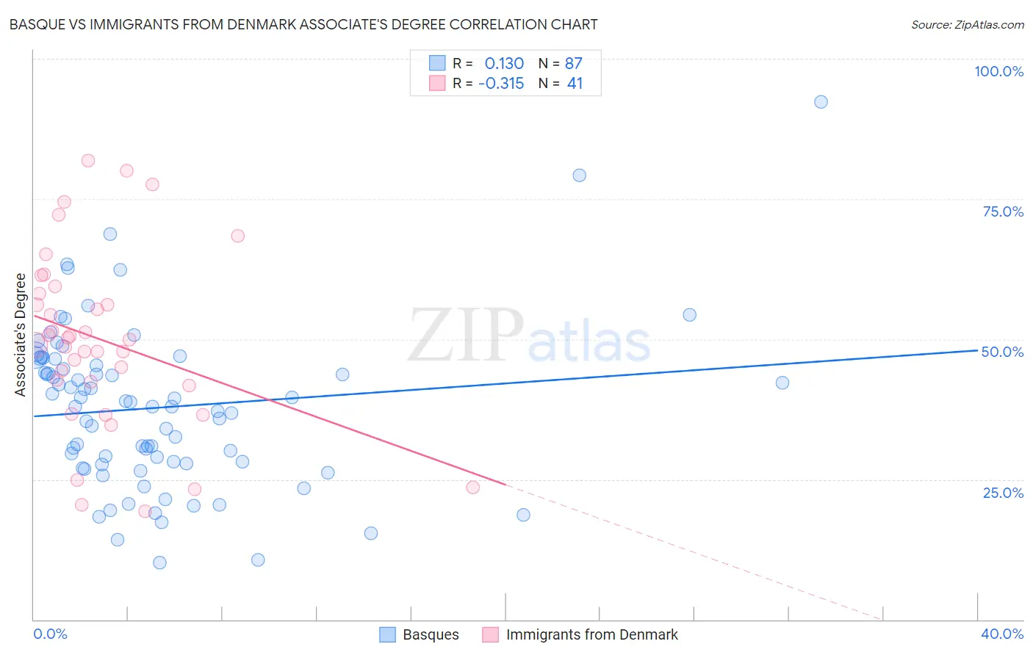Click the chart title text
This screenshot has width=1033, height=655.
point(303,24)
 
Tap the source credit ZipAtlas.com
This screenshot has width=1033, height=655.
point(967,24)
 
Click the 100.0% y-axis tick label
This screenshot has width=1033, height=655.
point(998,71)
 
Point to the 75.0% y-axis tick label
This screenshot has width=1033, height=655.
point(1003,211)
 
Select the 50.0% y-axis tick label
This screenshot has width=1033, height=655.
point(1002,352)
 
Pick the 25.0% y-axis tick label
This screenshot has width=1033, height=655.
point(1003,492)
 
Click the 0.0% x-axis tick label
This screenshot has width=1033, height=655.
point(50,634)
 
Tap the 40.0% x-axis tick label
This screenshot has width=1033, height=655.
point(1002,634)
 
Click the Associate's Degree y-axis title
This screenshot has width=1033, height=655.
point(21,334)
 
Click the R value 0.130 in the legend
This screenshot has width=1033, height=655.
point(504,63)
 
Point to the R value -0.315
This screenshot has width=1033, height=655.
point(501,83)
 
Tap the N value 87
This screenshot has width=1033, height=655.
point(574,63)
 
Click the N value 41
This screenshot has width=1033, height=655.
point(575,83)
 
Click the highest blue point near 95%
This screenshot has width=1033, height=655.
point(821,102)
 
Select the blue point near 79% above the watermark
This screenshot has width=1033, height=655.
point(579,175)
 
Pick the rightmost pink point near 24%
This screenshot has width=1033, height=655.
point(472,488)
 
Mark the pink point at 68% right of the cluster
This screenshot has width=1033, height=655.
point(237,236)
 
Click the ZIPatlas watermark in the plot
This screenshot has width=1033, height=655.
point(529,336)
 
